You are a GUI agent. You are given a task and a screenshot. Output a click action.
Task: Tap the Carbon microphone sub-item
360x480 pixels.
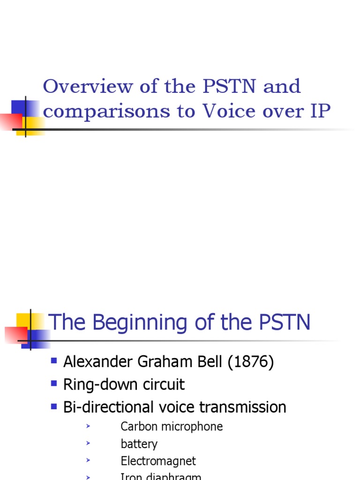click(x=172, y=427)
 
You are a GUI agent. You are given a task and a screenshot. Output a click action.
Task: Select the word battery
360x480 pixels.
click(x=139, y=444)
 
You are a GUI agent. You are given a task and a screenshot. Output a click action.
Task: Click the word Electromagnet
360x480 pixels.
click(x=158, y=461)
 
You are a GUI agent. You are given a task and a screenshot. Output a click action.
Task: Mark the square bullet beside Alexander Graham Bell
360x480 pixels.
click(x=54, y=361)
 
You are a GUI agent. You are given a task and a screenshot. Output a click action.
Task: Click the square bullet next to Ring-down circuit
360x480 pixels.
click(x=54, y=383)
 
